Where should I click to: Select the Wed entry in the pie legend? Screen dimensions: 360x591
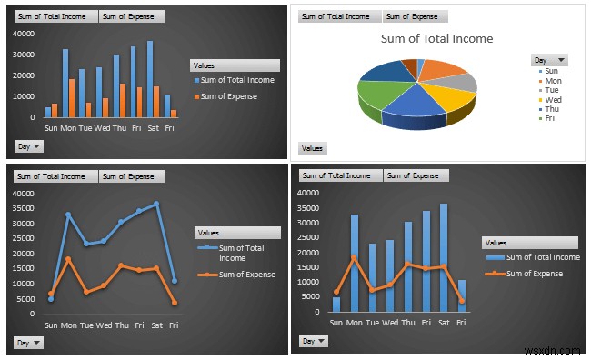tap(553, 99)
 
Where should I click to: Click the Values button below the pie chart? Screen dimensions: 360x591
tap(313, 148)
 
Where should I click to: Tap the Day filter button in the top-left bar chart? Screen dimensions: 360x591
tap(29, 145)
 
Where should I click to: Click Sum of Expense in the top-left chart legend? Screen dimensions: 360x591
tap(226, 95)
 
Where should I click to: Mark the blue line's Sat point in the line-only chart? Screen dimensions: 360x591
tap(156, 204)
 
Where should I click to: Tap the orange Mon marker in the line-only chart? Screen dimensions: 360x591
tap(69, 259)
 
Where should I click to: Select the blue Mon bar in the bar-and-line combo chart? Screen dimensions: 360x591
tap(354, 263)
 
